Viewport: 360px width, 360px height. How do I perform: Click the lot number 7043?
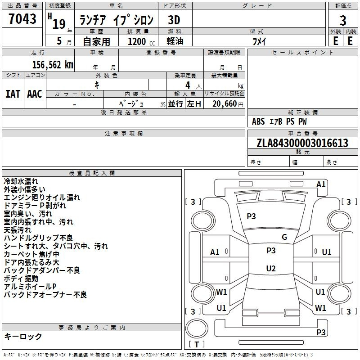click(x=22, y=18)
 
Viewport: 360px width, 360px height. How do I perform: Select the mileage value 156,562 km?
click(x=53, y=65)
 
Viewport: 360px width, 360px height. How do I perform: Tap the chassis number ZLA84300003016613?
click(x=302, y=143)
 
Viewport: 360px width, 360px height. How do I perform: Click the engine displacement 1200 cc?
click(x=141, y=41)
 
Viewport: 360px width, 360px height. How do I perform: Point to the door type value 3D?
click(x=174, y=20)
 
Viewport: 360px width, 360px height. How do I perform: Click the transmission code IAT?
click(x=13, y=94)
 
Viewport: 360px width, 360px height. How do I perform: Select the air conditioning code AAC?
click(x=35, y=94)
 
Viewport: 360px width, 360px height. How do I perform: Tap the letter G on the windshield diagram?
click(x=284, y=237)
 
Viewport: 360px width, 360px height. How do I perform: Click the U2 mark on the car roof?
click(x=271, y=268)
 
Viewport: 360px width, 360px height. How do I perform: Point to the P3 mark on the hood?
click(x=251, y=216)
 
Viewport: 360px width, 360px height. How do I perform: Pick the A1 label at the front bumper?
click(x=321, y=184)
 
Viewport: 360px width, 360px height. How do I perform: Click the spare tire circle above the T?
click(x=197, y=328)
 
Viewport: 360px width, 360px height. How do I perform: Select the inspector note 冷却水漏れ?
click(x=21, y=181)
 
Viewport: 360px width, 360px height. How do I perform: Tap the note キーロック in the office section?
click(x=23, y=337)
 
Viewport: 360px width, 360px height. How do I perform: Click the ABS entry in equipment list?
click(x=258, y=121)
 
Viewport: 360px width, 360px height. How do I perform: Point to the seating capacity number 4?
click(x=188, y=85)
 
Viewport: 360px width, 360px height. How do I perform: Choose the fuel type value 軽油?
click(x=175, y=41)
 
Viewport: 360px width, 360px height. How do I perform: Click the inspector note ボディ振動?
click(x=21, y=279)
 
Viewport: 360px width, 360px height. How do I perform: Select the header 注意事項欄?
click(x=124, y=133)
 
